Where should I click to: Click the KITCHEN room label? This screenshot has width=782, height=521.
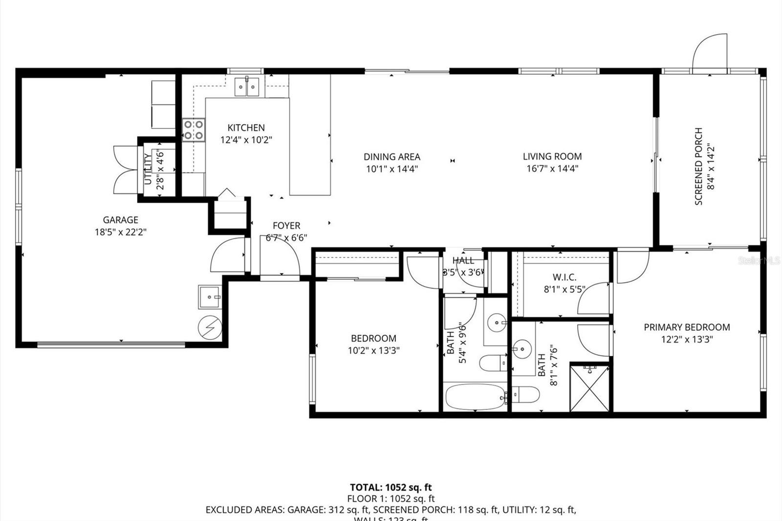point(246,128)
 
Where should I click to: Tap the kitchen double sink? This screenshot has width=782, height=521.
point(247,87)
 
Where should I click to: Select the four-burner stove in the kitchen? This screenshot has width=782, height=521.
point(194,130)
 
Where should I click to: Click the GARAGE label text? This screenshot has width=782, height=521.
point(120,220)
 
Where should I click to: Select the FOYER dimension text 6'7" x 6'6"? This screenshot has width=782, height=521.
point(286,238)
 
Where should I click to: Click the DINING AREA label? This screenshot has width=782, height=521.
point(391,157)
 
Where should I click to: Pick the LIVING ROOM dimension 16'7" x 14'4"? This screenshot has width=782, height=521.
point(552,169)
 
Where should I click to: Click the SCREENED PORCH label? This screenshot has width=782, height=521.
point(698,166)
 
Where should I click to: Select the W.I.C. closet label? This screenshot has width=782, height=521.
point(565,277)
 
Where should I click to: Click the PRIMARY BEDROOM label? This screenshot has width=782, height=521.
point(687,327)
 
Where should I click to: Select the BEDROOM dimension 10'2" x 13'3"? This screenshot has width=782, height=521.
point(373,350)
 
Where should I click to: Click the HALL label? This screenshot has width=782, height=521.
point(463,260)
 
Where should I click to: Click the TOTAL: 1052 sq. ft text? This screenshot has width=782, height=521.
point(391,487)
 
